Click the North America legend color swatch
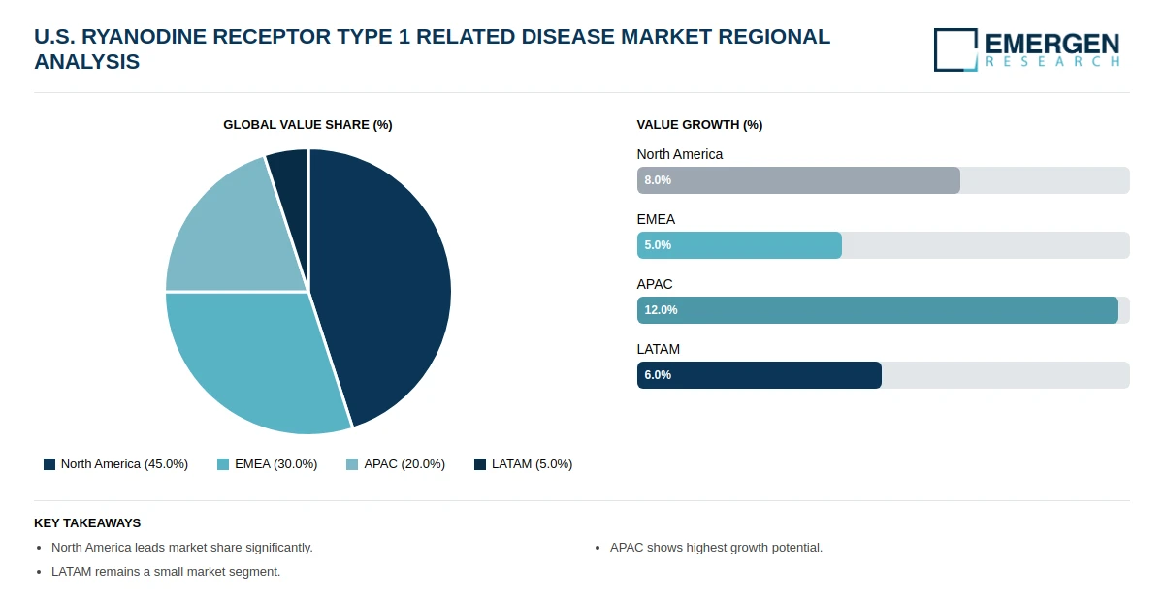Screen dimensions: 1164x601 pyautogui.click(x=49, y=464)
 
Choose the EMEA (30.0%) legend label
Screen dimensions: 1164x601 pyautogui.click(x=275, y=464)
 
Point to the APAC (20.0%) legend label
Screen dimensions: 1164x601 pyautogui.click(x=404, y=464)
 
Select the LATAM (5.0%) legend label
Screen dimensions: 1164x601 pyautogui.click(x=533, y=464)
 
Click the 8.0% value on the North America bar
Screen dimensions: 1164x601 pyautogui.click(x=658, y=180)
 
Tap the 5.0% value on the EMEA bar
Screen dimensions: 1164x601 pyautogui.click(x=658, y=245)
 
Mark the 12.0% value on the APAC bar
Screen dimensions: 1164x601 pyautogui.click(x=661, y=310)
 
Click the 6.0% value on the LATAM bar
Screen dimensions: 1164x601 pyautogui.click(x=658, y=375)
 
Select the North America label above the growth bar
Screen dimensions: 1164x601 pyautogui.click(x=680, y=154)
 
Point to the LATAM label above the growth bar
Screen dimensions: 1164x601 pyautogui.click(x=659, y=349)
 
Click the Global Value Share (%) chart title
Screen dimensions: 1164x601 pyautogui.click(x=307, y=125)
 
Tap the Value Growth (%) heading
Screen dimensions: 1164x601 pyautogui.click(x=699, y=125)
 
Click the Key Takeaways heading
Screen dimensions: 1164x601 pyautogui.click(x=87, y=523)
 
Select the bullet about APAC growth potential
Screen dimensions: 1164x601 pyautogui.click(x=716, y=548)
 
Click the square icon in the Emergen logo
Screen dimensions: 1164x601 pyautogui.click(x=955, y=49)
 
